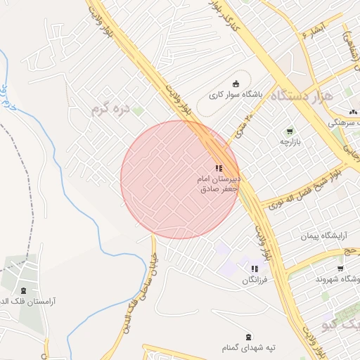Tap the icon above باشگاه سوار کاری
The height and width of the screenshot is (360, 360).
click(236, 83)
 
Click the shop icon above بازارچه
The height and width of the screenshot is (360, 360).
click(290, 131)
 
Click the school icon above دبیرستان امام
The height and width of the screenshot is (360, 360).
click(219, 168)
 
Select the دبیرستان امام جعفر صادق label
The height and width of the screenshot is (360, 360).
click(219, 184)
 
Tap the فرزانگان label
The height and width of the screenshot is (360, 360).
click(255, 280)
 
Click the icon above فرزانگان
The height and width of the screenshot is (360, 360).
click(255, 269)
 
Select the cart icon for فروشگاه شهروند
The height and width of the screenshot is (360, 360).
click(340, 268)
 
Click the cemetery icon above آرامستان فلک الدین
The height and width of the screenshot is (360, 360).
click(23, 290)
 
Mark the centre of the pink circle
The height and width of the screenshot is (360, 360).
click(180, 179)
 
